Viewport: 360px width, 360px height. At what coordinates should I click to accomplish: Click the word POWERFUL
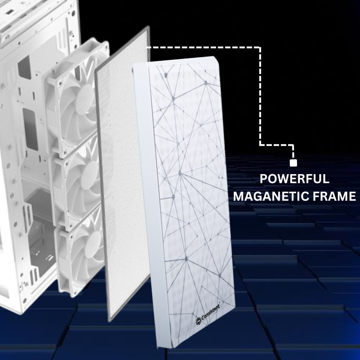coord(294,179)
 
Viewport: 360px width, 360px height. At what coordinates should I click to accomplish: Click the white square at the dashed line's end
coord(293,163)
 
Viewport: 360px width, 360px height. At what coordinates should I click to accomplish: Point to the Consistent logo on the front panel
coord(208,314)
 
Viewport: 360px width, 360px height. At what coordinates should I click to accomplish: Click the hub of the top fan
coord(85,95)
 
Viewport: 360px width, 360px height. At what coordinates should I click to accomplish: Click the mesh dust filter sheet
coord(123,175)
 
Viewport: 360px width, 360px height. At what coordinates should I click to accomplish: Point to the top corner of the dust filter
coord(148,26)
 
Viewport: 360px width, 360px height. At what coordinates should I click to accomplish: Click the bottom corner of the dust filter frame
coord(109,321)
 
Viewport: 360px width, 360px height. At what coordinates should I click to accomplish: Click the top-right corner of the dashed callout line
coord(260,48)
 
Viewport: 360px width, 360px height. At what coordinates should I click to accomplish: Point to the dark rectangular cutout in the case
coord(30,129)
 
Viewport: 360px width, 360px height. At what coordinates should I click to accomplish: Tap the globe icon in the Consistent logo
coord(198,321)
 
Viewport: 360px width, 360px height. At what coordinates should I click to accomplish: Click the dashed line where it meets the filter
coord(147,48)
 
